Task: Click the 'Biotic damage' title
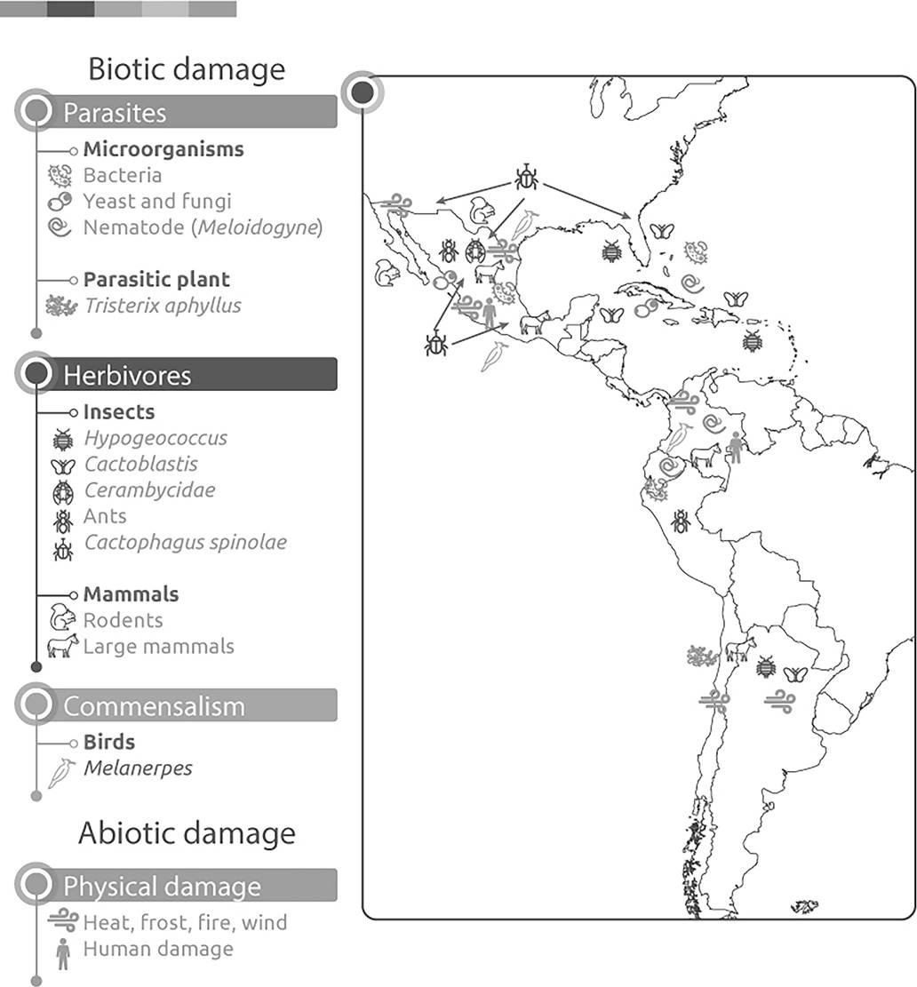tap(187, 69)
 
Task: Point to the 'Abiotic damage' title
tap(187, 833)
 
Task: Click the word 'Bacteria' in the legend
tap(123, 175)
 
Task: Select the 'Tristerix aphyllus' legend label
tap(163, 306)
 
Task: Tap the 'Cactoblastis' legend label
tap(141, 464)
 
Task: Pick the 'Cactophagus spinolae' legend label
tap(186, 542)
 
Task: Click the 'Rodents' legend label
tap(124, 620)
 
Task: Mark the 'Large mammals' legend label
tap(159, 646)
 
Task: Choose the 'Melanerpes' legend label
tap(138, 768)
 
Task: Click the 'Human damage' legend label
tap(158, 949)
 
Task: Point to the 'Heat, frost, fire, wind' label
tap(186, 922)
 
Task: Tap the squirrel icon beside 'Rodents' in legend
tap(62, 618)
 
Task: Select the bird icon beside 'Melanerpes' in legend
tap(60, 772)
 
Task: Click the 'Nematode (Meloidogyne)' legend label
tap(203, 227)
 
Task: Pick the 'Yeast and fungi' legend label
tap(157, 201)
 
